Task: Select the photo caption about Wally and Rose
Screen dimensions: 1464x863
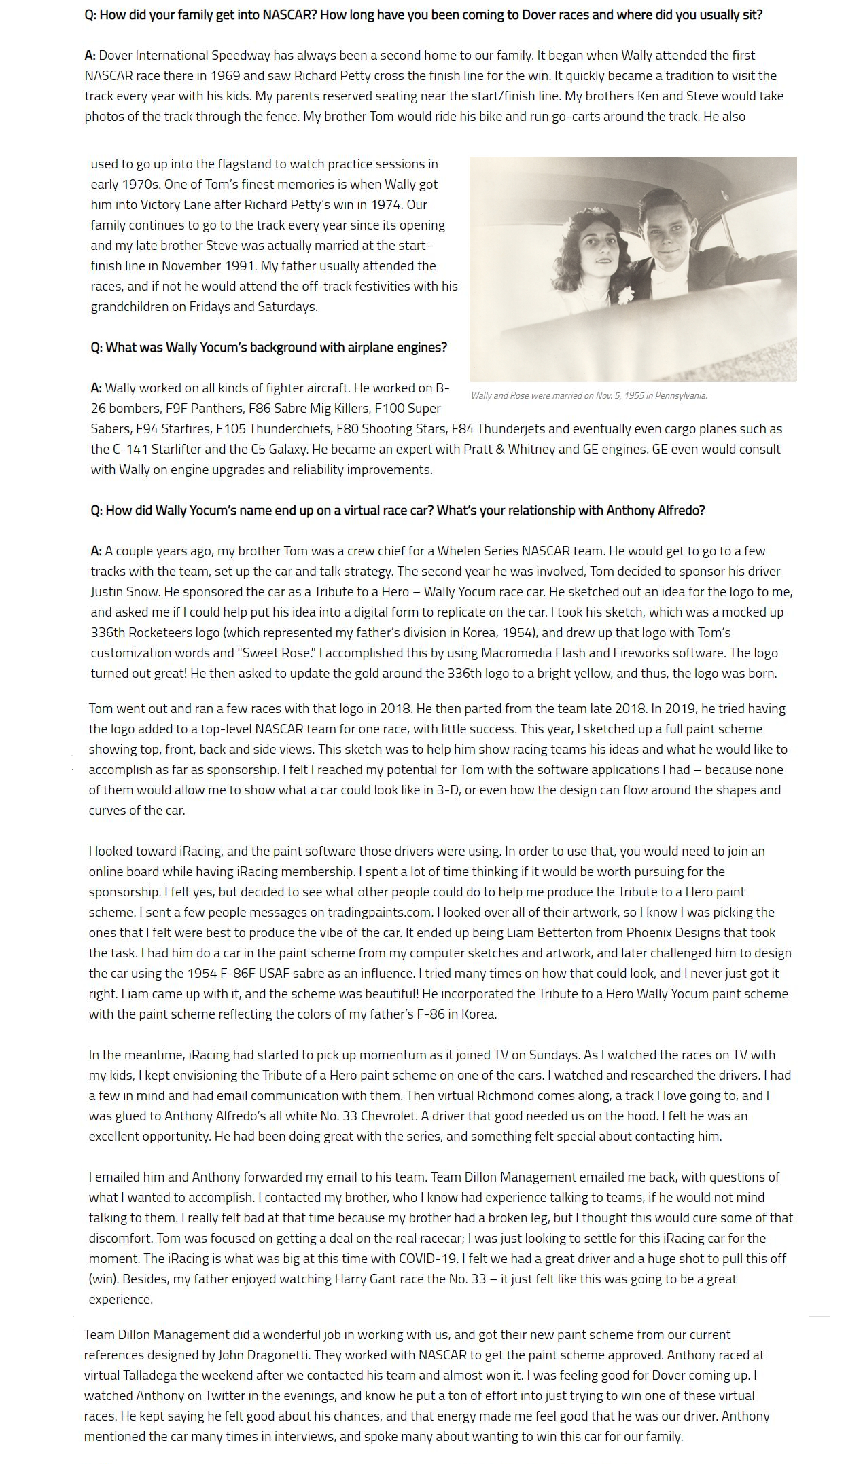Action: click(x=588, y=395)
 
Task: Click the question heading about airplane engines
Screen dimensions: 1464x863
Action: click(x=269, y=347)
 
